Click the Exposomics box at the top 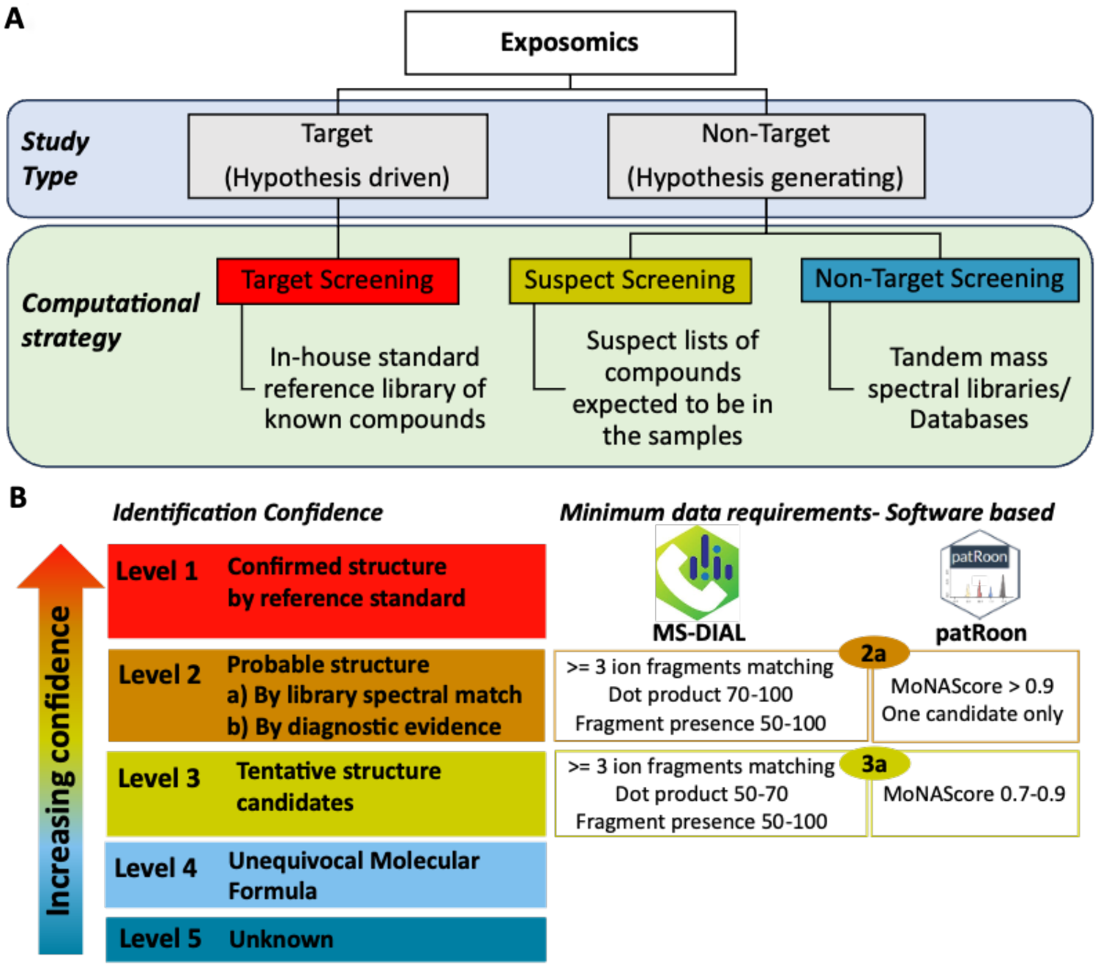569,42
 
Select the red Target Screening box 337,280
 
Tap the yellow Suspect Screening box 630,280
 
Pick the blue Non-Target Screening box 939,279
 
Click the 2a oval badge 873,652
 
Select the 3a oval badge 874,763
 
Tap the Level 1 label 157,571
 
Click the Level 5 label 160,938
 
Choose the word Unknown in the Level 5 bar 281,939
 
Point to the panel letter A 15,18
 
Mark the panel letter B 18,498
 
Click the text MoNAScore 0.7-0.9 974,794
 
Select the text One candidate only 972,714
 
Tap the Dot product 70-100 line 701,694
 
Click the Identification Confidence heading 247,512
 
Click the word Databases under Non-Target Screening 968,419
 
